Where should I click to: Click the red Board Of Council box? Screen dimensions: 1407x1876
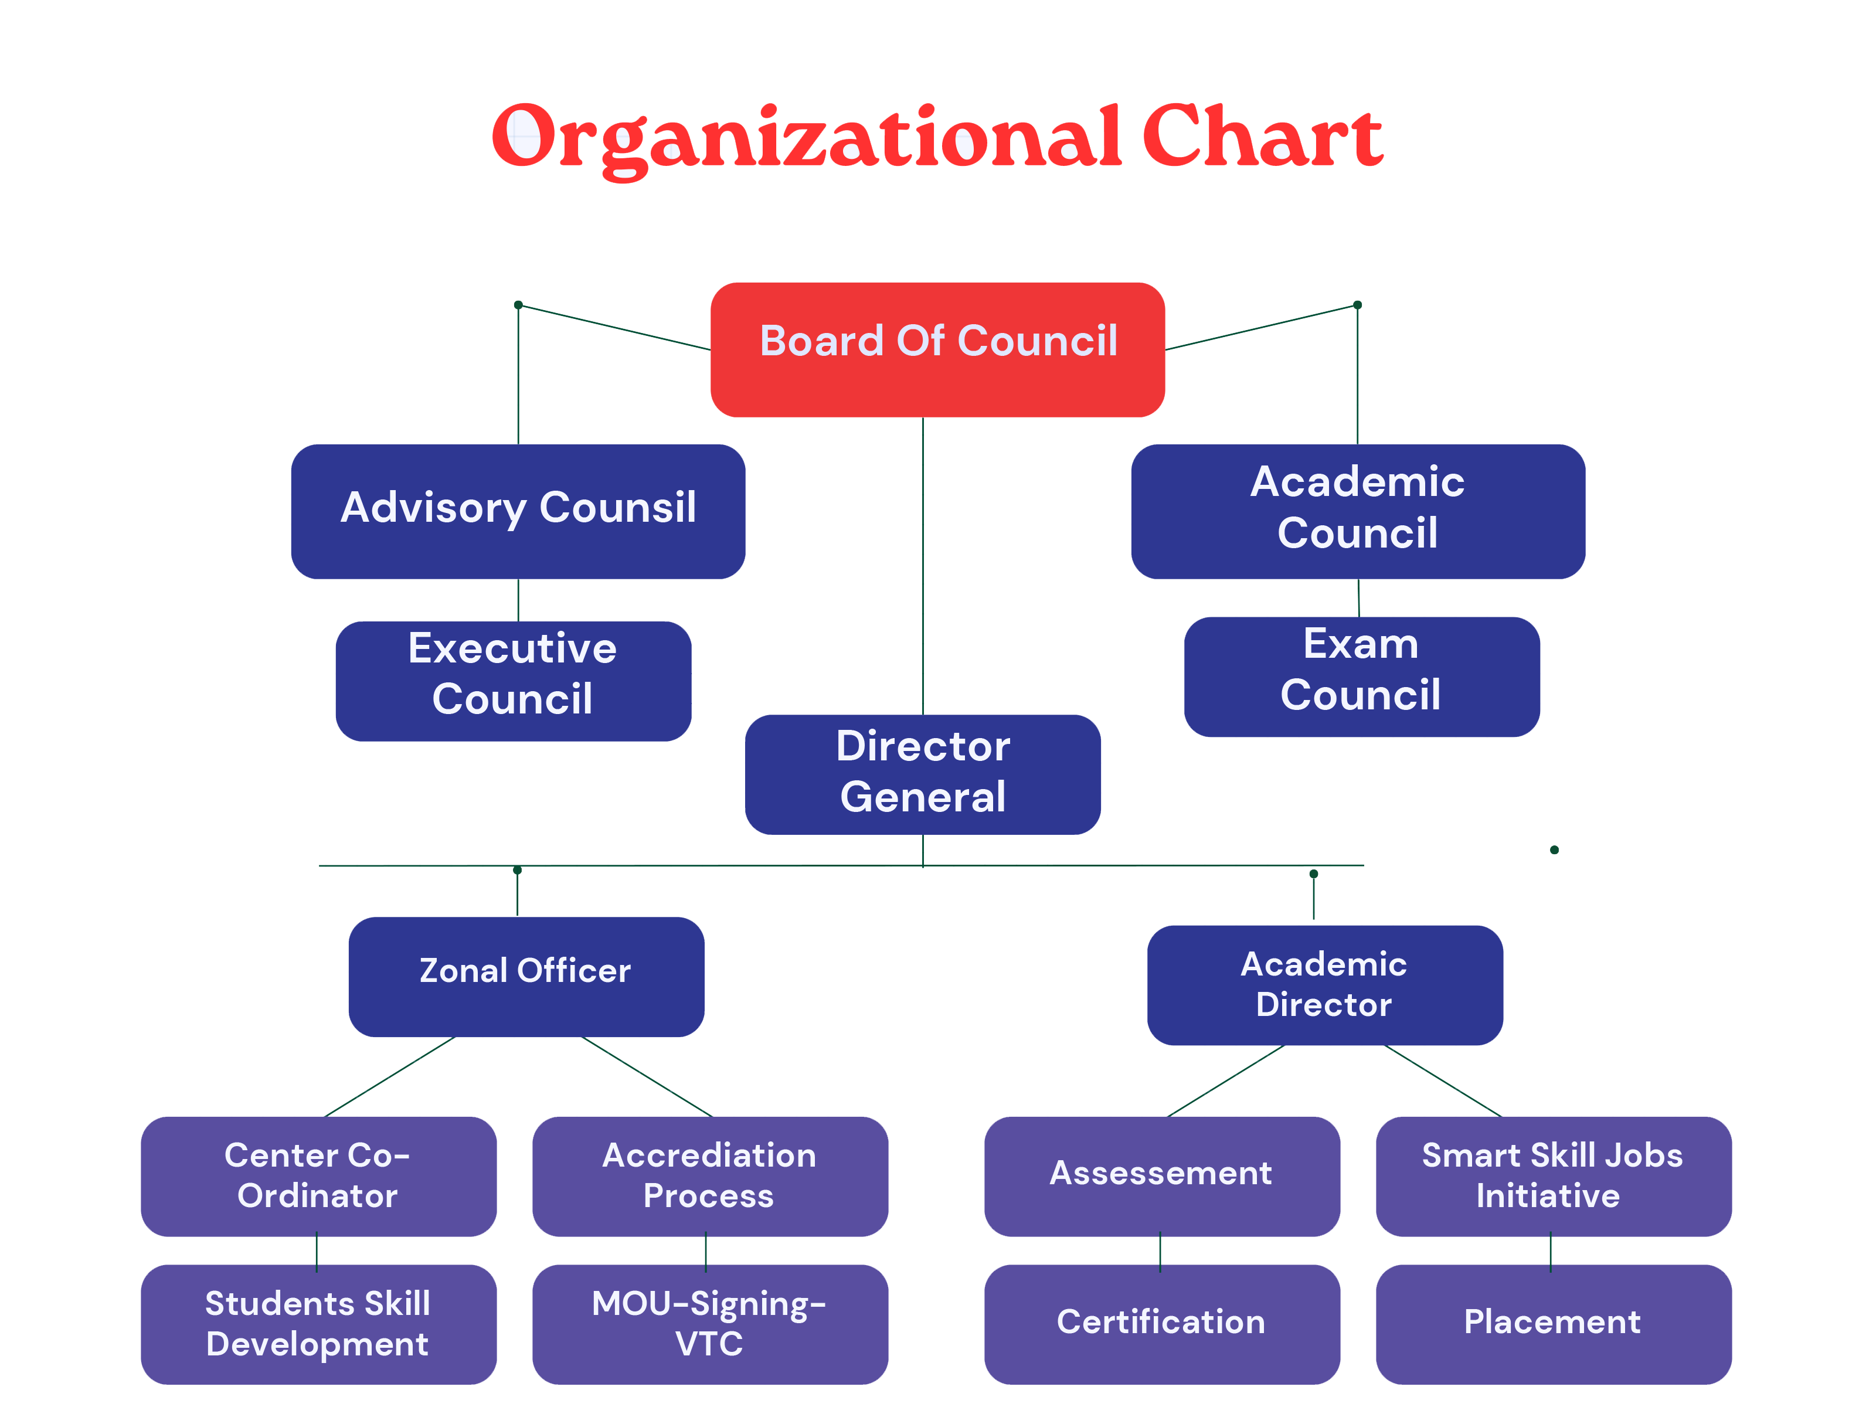[937, 349]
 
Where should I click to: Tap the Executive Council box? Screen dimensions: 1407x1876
[513, 681]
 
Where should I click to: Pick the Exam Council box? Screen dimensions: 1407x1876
[1361, 677]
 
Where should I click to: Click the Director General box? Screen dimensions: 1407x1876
[923, 774]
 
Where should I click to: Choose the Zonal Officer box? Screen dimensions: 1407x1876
[526, 976]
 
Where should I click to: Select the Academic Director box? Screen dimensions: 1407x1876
[1325, 985]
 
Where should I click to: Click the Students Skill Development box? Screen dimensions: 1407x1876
[318, 1324]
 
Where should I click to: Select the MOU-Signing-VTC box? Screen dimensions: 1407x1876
[710, 1324]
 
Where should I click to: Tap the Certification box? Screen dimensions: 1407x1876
[1162, 1324]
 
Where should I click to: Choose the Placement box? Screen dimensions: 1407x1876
[1553, 1324]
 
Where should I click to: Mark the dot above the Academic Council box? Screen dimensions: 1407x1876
[1357, 304]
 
